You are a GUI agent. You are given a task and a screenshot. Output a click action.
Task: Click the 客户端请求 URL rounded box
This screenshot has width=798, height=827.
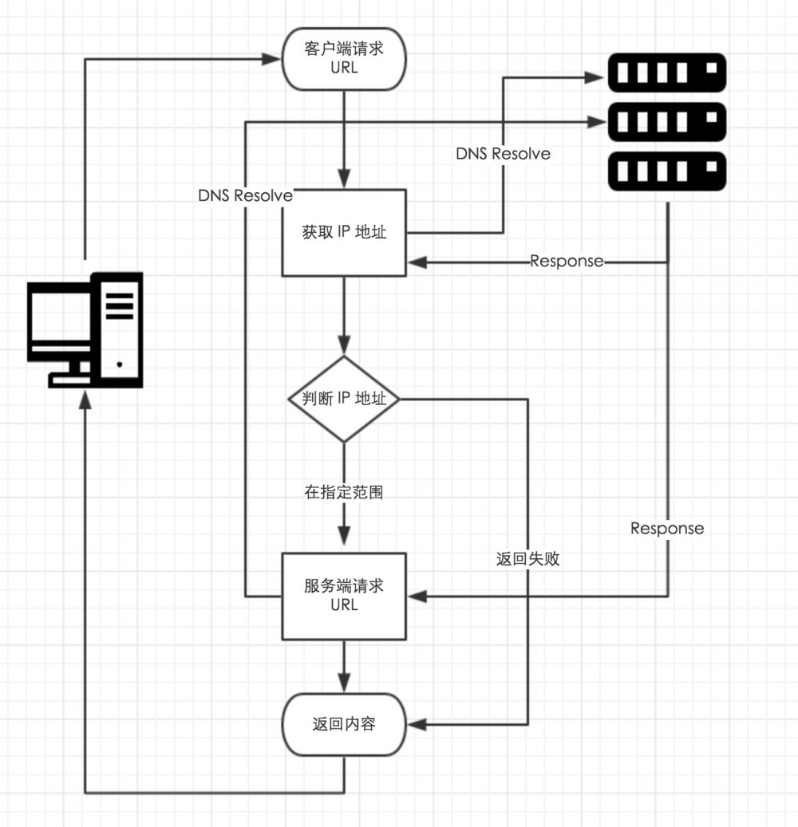pos(344,59)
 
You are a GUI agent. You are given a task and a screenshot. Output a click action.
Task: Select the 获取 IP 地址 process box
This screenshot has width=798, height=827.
pos(344,233)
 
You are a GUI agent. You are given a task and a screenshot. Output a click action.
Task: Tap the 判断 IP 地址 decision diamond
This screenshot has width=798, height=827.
pos(344,399)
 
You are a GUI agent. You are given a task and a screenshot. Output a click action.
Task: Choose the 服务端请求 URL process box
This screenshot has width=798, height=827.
pos(344,595)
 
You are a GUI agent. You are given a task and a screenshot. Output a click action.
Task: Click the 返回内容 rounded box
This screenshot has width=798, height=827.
pos(344,725)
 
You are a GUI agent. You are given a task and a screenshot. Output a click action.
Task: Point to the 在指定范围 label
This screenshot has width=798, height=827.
pos(344,492)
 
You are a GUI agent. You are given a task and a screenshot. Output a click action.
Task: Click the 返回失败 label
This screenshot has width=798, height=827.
pos(527,559)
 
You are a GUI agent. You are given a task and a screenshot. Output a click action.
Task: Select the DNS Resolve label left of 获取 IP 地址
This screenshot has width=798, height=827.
pos(245,195)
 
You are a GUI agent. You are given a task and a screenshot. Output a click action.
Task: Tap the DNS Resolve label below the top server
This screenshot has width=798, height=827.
pos(503,153)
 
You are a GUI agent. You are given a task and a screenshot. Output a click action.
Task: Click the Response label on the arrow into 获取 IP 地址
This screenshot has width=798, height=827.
pos(567,262)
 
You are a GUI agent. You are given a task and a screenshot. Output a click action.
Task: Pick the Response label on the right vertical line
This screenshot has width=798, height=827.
pos(667,528)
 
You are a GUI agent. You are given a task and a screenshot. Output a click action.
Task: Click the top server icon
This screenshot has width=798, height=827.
pos(667,73)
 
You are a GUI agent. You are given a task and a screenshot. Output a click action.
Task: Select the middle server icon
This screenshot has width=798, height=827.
pos(667,122)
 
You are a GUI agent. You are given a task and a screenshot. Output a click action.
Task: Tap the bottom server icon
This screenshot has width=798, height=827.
pos(667,171)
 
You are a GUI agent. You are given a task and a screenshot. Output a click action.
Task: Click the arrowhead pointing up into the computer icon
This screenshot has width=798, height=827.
pos(85,404)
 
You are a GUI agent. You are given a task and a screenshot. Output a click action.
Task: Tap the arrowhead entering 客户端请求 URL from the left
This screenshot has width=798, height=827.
pos(273,58)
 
